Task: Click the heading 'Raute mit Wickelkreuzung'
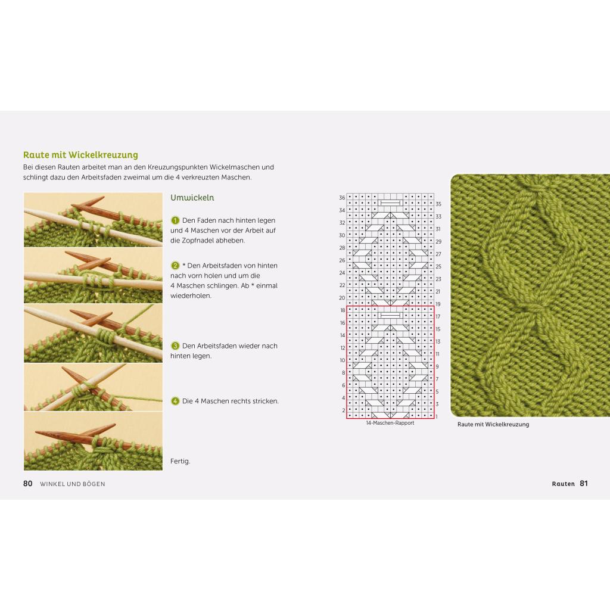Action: pos(80,155)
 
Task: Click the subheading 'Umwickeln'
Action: pos(192,198)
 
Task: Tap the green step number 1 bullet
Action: pos(175,220)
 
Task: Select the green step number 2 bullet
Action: pos(175,266)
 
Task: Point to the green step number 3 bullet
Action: pos(175,346)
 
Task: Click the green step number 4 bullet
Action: pos(175,401)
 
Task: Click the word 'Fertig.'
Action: pos(180,462)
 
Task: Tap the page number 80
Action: pos(28,484)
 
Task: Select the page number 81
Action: pos(584,484)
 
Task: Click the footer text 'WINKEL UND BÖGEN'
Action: pos(72,484)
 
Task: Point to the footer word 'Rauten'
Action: pos(564,484)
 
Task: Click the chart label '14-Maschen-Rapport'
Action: pos(390,423)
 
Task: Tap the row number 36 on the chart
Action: pos(342,198)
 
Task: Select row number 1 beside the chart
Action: pos(437,416)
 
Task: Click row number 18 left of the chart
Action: pos(343,310)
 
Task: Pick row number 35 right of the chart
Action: pos(438,204)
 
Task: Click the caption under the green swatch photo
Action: pos(493,424)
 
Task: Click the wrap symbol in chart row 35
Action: pos(390,203)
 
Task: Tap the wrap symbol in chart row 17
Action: pos(390,316)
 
